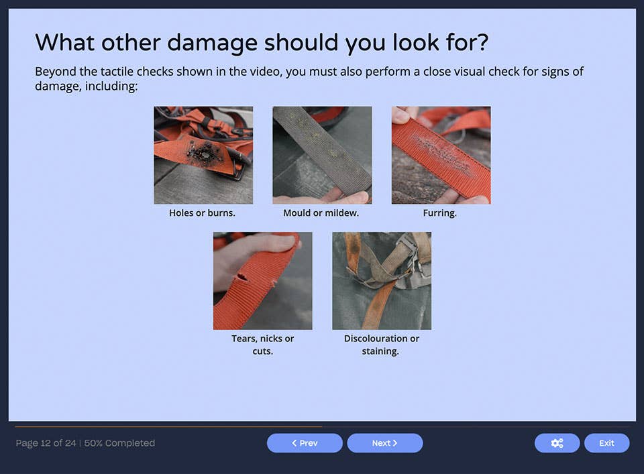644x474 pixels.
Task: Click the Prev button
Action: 305,443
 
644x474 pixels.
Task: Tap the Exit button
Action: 606,443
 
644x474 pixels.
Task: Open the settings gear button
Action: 557,443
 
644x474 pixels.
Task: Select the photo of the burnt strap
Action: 203,155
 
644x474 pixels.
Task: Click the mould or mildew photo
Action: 322,155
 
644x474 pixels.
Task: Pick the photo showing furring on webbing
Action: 441,155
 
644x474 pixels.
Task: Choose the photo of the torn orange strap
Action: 262,280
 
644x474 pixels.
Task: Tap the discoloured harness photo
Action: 382,280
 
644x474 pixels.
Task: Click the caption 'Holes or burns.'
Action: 202,213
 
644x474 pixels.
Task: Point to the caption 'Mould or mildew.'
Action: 321,213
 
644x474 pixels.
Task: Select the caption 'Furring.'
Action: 440,213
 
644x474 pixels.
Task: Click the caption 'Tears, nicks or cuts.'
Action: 262,345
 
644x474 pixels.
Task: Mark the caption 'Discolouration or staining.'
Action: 381,345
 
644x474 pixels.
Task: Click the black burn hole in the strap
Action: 201,154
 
